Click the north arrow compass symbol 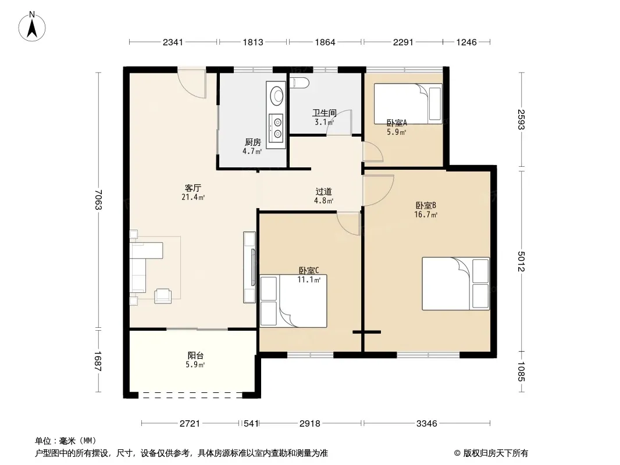point(32,27)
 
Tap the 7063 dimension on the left point(98,200)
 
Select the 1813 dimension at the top point(253,42)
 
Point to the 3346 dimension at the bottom point(427,424)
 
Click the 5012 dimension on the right point(521,262)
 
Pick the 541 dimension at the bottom point(251,424)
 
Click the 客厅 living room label point(193,188)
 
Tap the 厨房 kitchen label point(252,142)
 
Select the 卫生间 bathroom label point(324,113)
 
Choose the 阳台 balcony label point(195,355)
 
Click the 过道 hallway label point(323,192)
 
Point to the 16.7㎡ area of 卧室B point(426,214)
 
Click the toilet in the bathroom point(299,83)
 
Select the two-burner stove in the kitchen point(276,128)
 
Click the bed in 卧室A point(408,103)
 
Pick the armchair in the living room point(163,295)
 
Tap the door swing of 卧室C point(348,224)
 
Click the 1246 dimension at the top point(466,42)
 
